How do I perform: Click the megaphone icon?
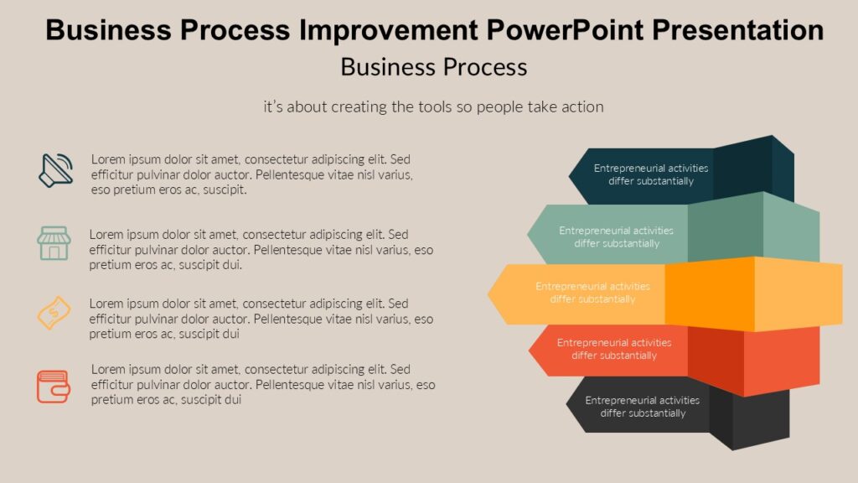56,170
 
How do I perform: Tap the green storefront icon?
54,242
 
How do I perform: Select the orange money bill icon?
54,312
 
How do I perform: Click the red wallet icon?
53,387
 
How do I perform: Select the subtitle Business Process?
433,66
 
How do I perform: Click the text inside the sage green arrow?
616,236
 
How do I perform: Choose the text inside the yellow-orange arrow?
592,293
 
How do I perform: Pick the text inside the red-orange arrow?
614,349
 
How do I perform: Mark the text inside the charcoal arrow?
642,407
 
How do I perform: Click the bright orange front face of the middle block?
709,293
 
